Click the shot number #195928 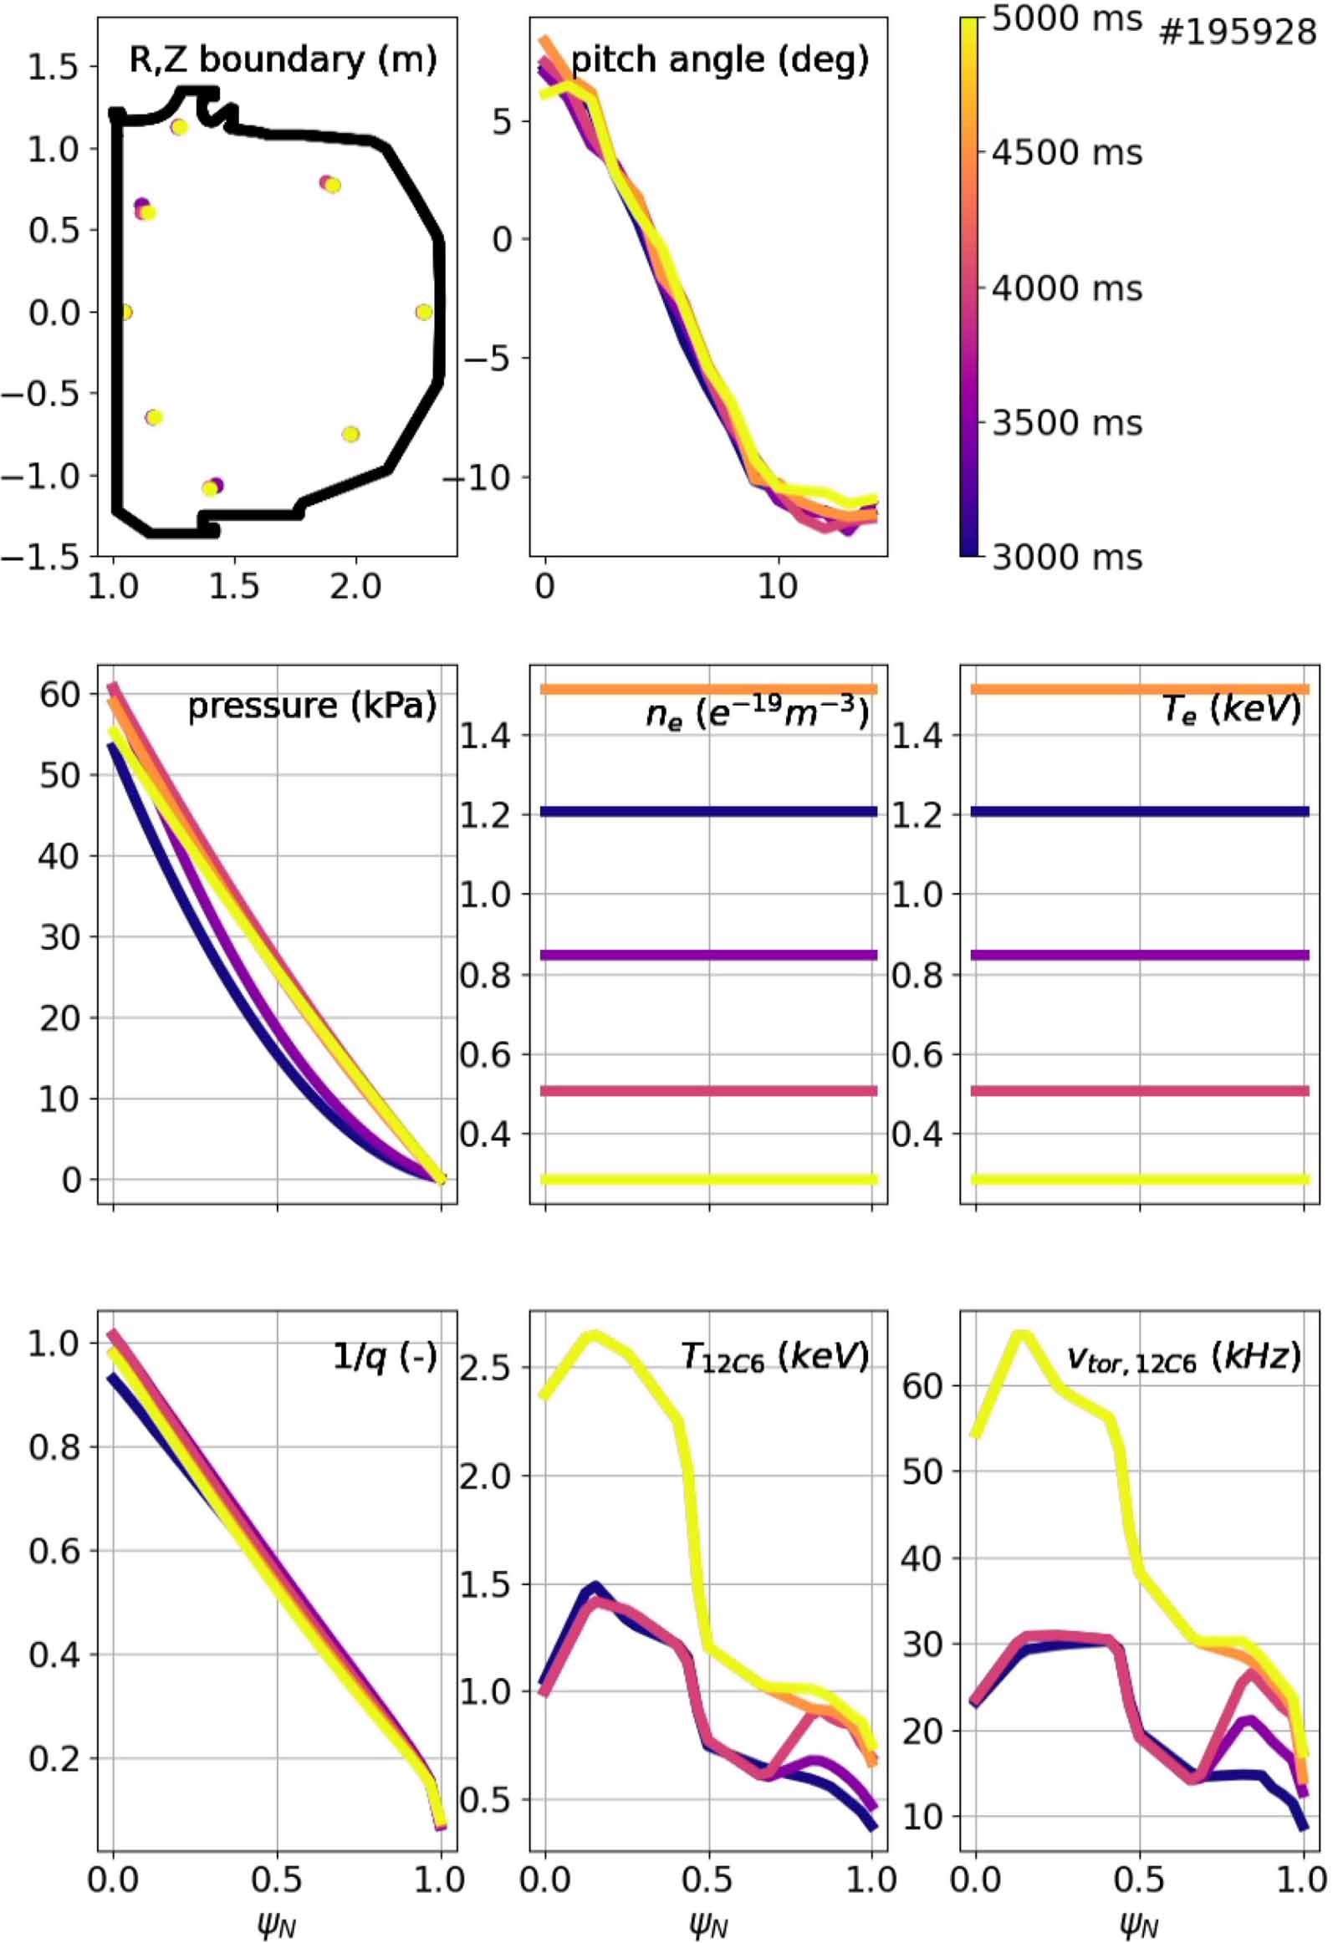click(x=1238, y=33)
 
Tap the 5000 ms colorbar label click(x=1067, y=18)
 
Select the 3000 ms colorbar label click(x=1067, y=557)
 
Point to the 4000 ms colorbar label click(x=1067, y=288)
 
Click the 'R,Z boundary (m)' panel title click(x=283, y=59)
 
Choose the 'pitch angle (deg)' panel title click(x=719, y=59)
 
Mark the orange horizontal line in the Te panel click(x=1139, y=688)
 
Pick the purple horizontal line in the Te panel click(x=1139, y=955)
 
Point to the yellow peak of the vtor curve click(x=1021, y=1334)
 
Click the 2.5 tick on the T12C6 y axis click(x=483, y=1368)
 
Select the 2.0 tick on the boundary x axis click(x=355, y=587)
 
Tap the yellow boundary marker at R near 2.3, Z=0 click(x=424, y=312)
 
